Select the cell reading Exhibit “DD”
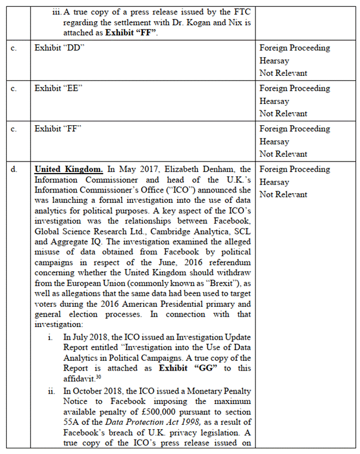(x=60, y=48)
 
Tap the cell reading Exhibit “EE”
(x=59, y=89)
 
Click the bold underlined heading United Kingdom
(x=69, y=170)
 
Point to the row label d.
(x=14, y=170)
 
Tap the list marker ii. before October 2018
(x=51, y=391)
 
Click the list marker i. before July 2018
(x=52, y=337)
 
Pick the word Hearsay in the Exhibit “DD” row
(x=274, y=60)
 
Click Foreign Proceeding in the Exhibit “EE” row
(x=295, y=89)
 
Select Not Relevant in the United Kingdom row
(x=283, y=194)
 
